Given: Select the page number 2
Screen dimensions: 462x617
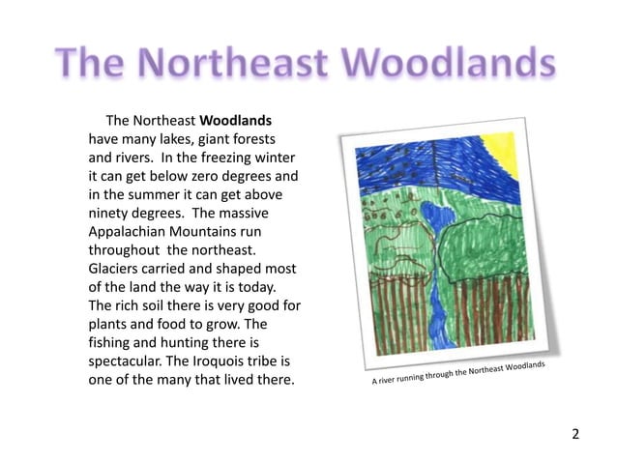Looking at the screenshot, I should coord(576,433).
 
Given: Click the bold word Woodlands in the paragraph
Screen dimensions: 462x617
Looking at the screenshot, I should coord(236,122).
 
